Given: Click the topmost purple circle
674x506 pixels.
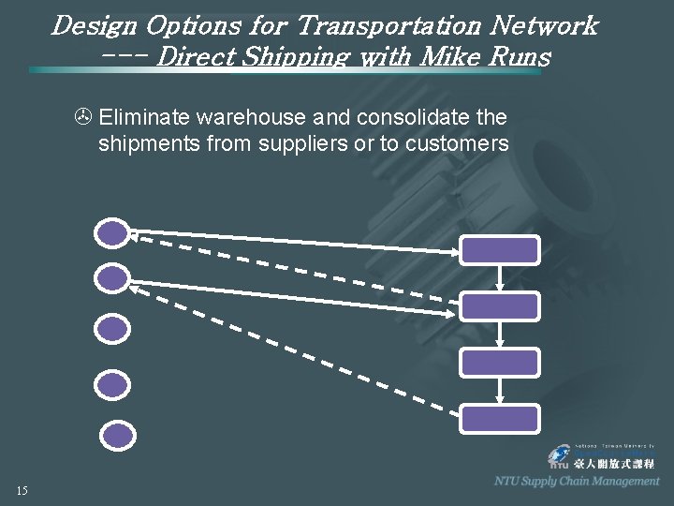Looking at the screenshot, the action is point(112,232).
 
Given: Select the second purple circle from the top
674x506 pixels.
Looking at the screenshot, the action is point(112,277).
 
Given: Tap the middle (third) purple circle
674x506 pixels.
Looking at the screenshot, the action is point(112,328).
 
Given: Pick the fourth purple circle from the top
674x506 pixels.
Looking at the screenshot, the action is point(112,384).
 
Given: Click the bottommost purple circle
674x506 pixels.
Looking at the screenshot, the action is point(118,435).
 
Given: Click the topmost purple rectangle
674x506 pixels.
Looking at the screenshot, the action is point(500,250).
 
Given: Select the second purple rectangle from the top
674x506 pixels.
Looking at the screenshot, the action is point(500,306).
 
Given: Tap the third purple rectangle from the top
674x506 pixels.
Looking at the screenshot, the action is point(500,363).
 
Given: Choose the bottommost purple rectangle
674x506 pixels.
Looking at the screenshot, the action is point(500,419).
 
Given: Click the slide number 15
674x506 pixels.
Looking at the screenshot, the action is point(22,490).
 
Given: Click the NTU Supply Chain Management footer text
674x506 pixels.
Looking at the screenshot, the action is point(577,481).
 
